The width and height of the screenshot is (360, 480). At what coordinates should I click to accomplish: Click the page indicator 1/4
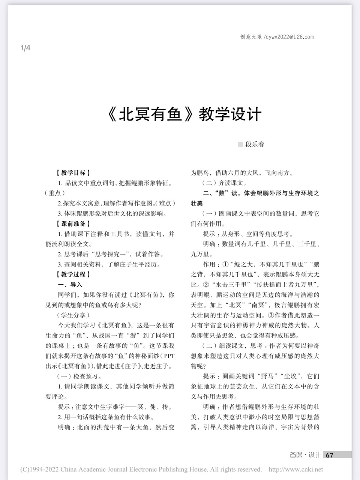click(x=25, y=48)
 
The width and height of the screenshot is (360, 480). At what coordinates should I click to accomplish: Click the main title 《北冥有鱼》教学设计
click(x=184, y=114)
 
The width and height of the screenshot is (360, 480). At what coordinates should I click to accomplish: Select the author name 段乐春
click(x=255, y=144)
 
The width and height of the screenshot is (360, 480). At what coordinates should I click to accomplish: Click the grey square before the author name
click(x=240, y=144)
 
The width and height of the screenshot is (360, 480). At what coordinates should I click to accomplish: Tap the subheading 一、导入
click(x=70, y=285)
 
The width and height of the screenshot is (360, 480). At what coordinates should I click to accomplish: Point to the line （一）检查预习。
click(x=79, y=376)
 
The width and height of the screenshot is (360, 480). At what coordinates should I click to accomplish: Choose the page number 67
click(x=330, y=455)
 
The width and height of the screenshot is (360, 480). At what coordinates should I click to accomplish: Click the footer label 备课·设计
click(x=305, y=455)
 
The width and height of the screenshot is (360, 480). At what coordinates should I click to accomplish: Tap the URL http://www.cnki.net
click(x=296, y=469)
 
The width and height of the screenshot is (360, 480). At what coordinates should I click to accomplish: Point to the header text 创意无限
click(x=251, y=37)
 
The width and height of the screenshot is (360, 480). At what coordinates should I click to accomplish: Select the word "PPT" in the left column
click(x=169, y=355)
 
